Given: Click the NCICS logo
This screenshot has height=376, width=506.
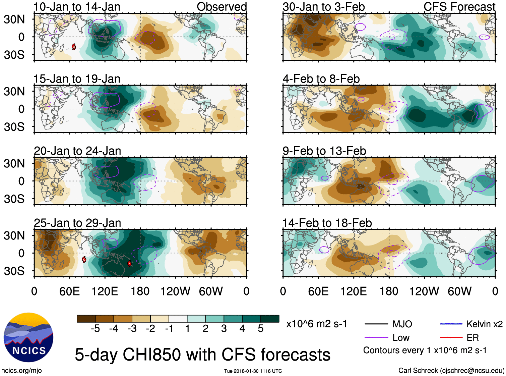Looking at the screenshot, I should tap(28, 337).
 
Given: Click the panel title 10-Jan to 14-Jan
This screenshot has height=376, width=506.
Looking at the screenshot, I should tap(77, 7).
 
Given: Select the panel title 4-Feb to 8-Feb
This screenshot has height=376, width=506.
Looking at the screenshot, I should tap(321, 79).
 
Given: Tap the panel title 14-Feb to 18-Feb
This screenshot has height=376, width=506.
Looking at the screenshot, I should tap(327, 223).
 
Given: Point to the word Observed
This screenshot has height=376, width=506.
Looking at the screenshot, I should tap(222, 7).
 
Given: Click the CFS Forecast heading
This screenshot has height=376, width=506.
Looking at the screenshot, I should tap(459, 7).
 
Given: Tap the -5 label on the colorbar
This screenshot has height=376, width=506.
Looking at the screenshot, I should tap(95, 329).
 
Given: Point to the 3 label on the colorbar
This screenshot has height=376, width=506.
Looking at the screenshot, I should tap(224, 329).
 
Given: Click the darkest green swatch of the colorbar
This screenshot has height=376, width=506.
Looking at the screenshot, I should tap(270, 319).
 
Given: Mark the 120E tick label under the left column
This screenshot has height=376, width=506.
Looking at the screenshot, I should tap(105, 291).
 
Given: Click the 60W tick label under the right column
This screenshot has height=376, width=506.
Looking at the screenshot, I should tap(459, 291).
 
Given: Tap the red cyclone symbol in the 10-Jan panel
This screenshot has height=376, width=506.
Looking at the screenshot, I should tap(74, 47).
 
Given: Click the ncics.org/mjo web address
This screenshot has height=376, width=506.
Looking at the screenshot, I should tap(21, 370).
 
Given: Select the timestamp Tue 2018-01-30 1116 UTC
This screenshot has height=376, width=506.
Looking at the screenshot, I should tap(253, 371).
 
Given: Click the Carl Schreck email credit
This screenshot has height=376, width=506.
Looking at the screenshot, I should tap(451, 370).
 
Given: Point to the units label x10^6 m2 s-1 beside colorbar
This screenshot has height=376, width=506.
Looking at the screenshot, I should tap(316, 324).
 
